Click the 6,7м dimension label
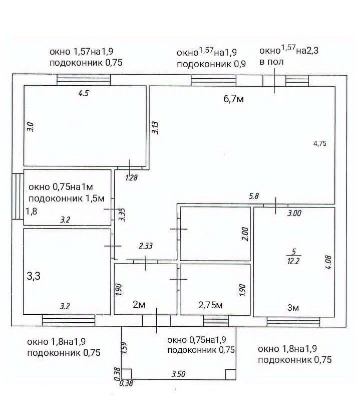tap(233, 99)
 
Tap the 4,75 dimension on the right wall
tap(319, 143)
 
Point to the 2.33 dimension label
tap(145, 246)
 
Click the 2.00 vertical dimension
tap(244, 234)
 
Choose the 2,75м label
tap(210, 305)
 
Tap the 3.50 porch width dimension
tap(179, 373)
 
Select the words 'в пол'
tap(271, 62)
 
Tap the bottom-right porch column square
tap(230, 374)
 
